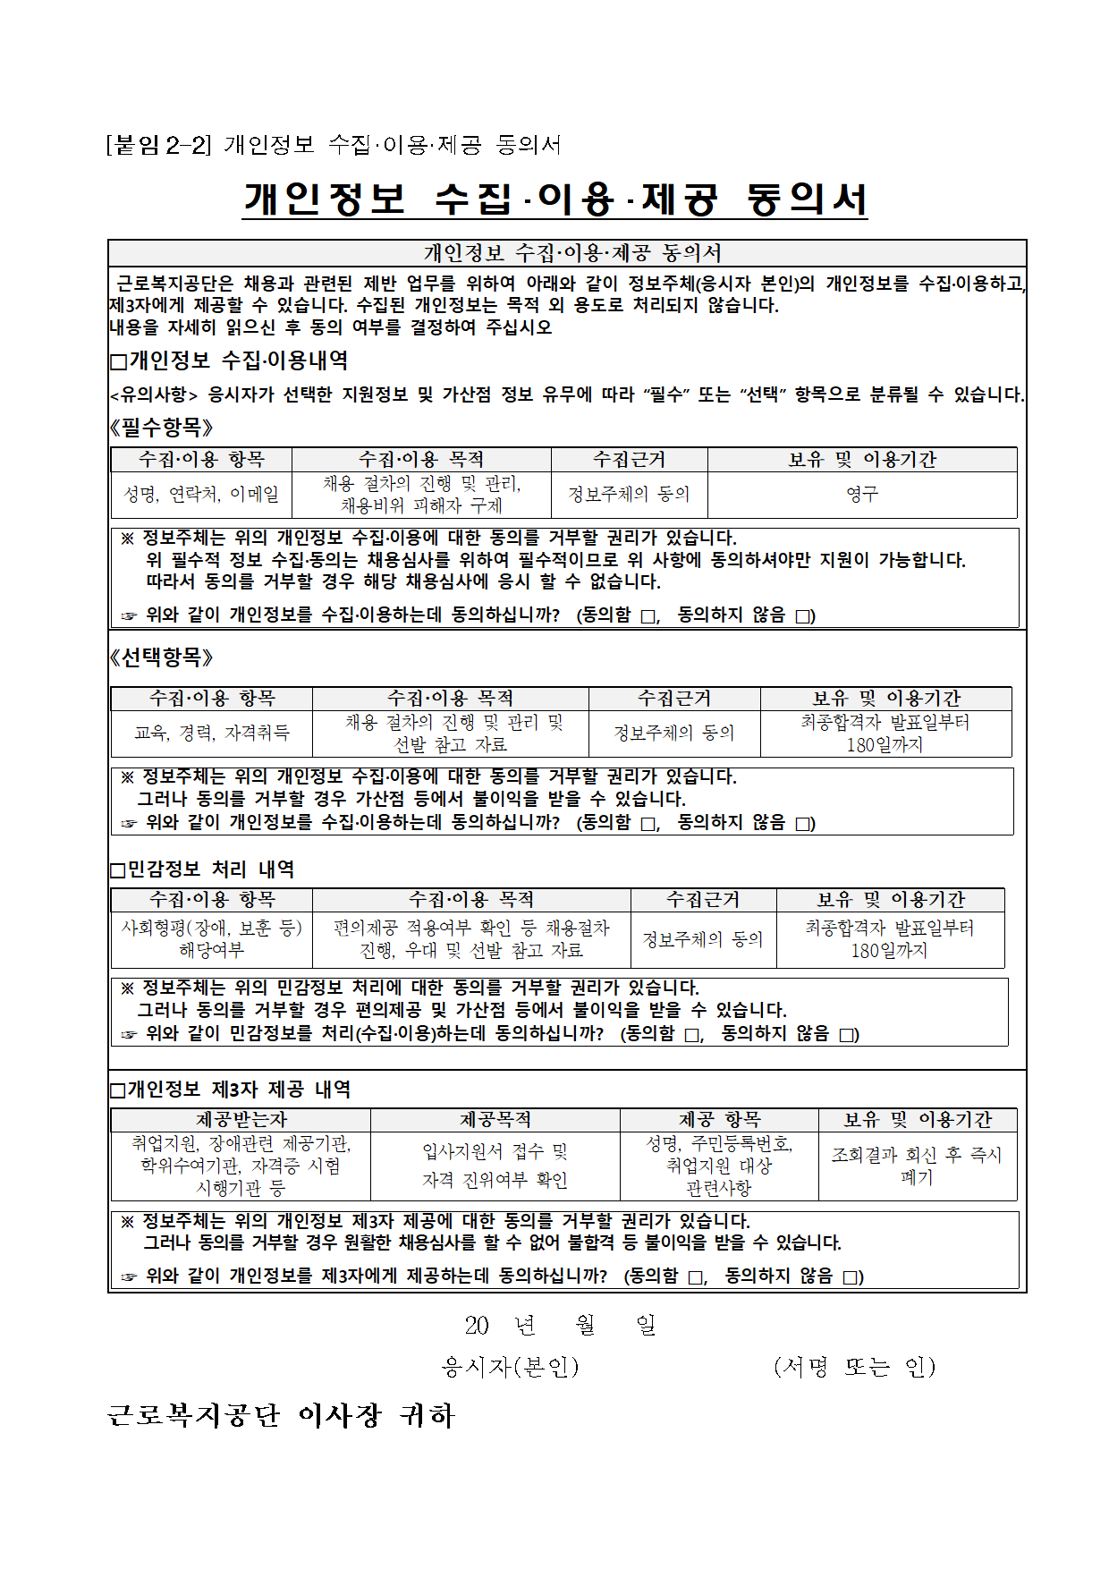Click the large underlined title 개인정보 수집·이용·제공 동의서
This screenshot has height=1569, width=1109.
(554, 199)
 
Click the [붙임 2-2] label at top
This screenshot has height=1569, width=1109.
(158, 144)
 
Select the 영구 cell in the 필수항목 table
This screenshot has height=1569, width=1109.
(862, 494)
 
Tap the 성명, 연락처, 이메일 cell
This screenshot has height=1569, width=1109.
(201, 494)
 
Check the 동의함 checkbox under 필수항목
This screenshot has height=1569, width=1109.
(648, 616)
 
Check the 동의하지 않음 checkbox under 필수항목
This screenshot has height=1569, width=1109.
(803, 616)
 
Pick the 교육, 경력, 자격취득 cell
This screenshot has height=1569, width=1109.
(212, 733)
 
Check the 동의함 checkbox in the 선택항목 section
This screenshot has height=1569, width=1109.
(648, 824)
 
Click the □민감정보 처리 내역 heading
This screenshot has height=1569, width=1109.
(202, 869)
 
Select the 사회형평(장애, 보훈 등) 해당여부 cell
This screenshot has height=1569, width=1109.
(212, 938)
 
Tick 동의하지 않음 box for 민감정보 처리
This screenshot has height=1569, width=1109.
(846, 1035)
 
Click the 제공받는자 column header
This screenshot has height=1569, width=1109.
(241, 1120)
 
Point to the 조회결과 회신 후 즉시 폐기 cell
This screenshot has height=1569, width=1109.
(917, 1166)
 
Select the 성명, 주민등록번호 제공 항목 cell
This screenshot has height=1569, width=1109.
(719, 1166)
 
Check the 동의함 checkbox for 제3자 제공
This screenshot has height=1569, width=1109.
(695, 1277)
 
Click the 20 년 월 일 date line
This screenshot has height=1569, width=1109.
(561, 1325)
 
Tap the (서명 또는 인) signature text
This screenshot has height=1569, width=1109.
(854, 1366)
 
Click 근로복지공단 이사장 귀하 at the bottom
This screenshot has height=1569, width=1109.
(281, 1415)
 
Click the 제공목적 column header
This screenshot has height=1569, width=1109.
(495, 1120)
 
